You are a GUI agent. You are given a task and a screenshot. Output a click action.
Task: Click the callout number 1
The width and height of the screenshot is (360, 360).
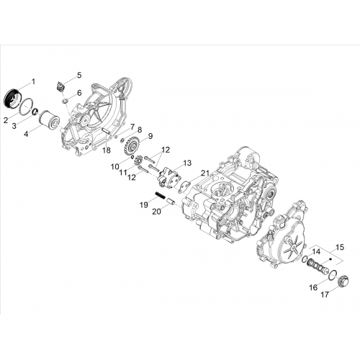(x=33, y=82)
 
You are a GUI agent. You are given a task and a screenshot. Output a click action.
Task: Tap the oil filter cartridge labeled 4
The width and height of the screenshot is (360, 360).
(x=49, y=119)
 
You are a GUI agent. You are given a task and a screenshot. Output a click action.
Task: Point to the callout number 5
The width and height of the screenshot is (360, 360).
(x=79, y=75)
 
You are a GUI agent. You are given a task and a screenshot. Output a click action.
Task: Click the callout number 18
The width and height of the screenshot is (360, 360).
(x=107, y=150)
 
